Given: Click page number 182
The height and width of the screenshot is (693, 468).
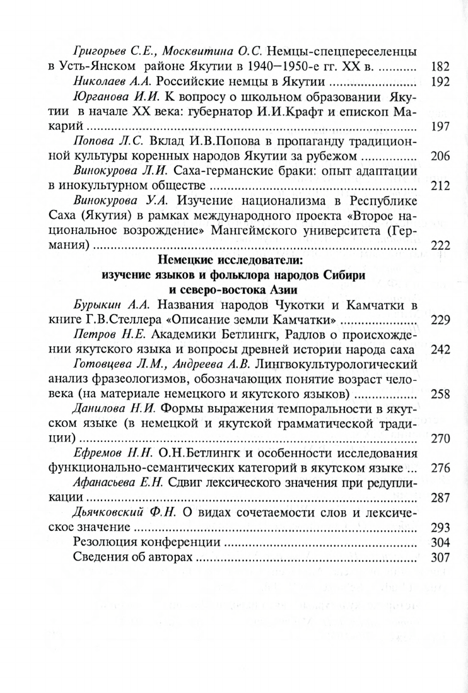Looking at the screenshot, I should click(438, 66).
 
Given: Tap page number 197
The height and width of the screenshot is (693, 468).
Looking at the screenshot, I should click(438, 127).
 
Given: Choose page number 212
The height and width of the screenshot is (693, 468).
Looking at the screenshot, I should click(438, 187).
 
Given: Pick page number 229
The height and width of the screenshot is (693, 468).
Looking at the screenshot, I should click(438, 320).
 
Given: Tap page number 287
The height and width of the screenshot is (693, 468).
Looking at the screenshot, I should click(438, 497).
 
